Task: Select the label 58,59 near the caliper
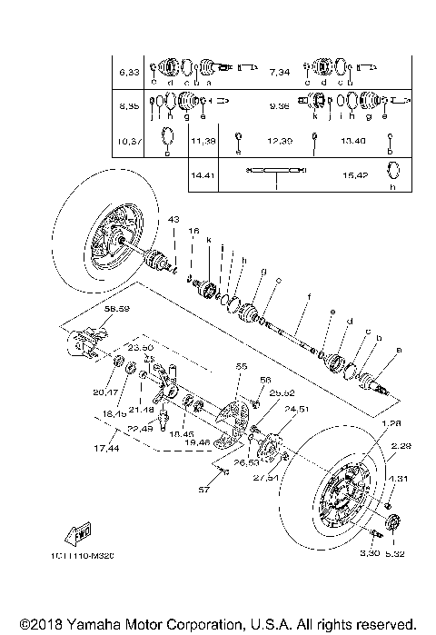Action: click(x=92, y=310)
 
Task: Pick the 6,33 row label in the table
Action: click(x=126, y=70)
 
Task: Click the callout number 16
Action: click(x=192, y=233)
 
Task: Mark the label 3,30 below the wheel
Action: click(x=368, y=552)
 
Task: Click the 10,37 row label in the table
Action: click(x=126, y=142)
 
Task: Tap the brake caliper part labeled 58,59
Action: click(x=79, y=342)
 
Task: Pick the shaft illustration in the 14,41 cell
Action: click(x=275, y=170)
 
